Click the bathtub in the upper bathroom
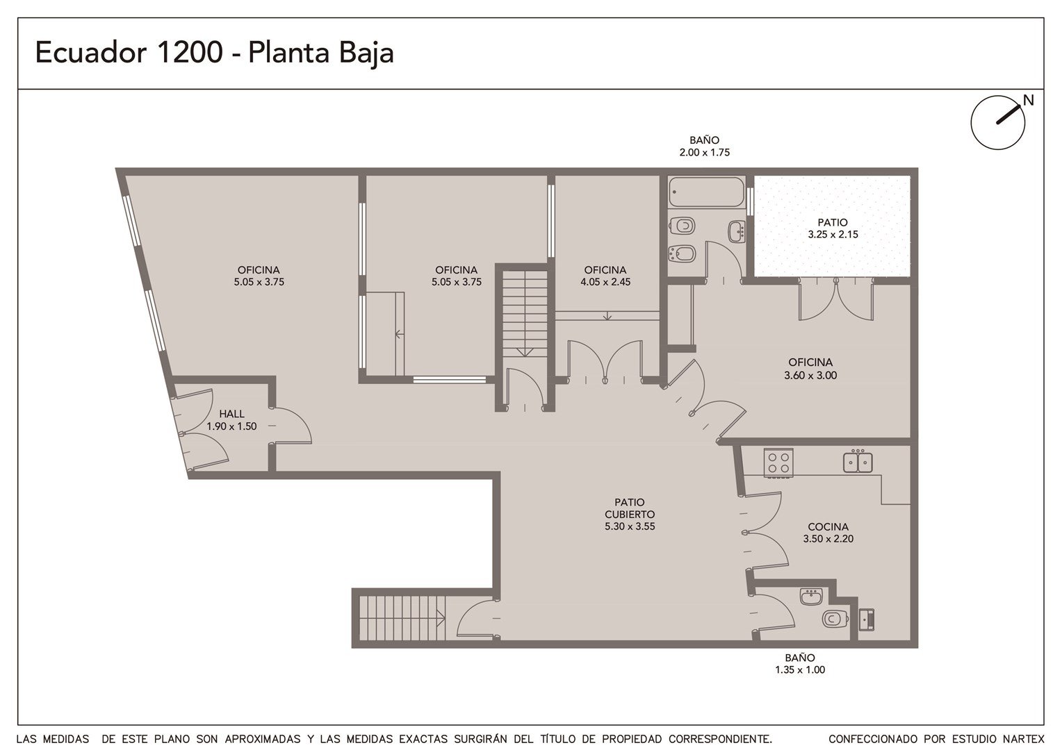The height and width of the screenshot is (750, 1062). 706,192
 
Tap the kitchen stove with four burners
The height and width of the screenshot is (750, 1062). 778,462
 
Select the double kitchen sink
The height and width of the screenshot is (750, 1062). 858,462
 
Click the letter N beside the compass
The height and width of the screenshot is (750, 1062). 1029,101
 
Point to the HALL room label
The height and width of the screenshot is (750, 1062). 232,414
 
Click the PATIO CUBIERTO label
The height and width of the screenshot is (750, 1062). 630,508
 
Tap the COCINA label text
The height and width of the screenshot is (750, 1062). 828,526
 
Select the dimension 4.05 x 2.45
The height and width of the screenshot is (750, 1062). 605,282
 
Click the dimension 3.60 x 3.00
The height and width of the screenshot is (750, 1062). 810,375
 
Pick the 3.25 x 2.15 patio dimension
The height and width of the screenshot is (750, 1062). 833,234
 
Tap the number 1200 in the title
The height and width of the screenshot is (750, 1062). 188,52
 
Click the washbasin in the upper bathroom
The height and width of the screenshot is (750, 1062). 736,231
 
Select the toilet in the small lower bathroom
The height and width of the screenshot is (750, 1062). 835,618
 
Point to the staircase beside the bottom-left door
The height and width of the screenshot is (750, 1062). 402,618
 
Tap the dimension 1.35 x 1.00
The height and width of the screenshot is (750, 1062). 800,670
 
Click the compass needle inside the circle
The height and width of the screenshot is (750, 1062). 1008,114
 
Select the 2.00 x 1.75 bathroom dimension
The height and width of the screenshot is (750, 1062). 705,153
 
